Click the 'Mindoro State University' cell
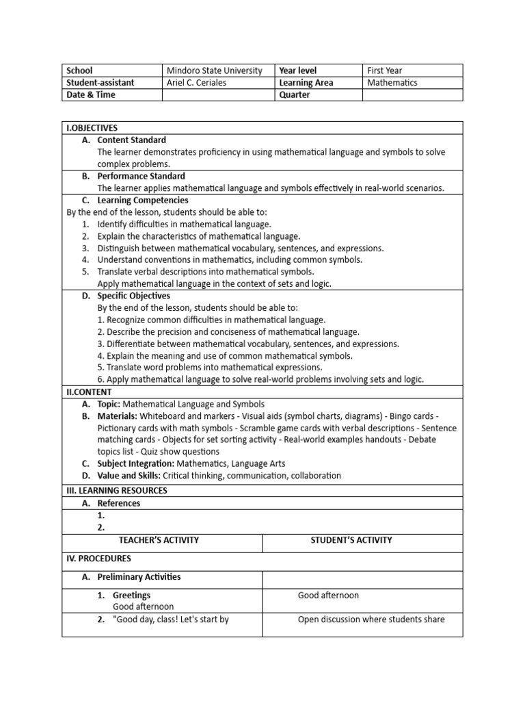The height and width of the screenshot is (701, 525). tap(215, 71)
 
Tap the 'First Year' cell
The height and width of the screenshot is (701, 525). tap(385, 71)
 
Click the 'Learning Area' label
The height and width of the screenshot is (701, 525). tap(306, 83)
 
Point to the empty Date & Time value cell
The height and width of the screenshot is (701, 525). tap(218, 95)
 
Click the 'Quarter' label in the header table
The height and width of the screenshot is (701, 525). tap(295, 95)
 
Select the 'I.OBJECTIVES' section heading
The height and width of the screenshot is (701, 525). tap(92, 128)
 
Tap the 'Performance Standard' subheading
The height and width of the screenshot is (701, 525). tap(141, 177)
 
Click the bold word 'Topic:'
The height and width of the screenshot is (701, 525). tap(109, 405)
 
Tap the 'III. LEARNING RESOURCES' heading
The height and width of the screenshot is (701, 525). tap(116, 490)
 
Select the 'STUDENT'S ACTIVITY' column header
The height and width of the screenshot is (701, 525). tap(351, 540)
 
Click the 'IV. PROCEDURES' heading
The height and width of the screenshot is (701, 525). tap(98, 559)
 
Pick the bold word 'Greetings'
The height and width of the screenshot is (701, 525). tap(132, 596)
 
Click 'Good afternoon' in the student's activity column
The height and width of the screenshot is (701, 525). tap(328, 596)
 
